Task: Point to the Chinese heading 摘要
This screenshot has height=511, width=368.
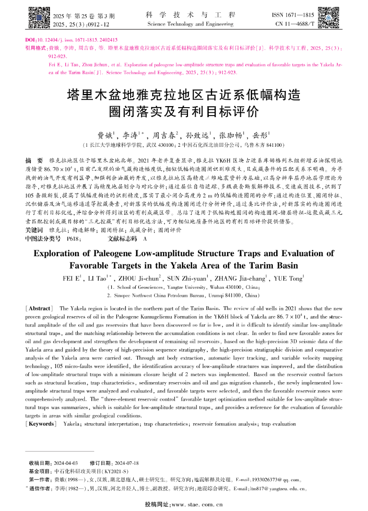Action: coord(34,161)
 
